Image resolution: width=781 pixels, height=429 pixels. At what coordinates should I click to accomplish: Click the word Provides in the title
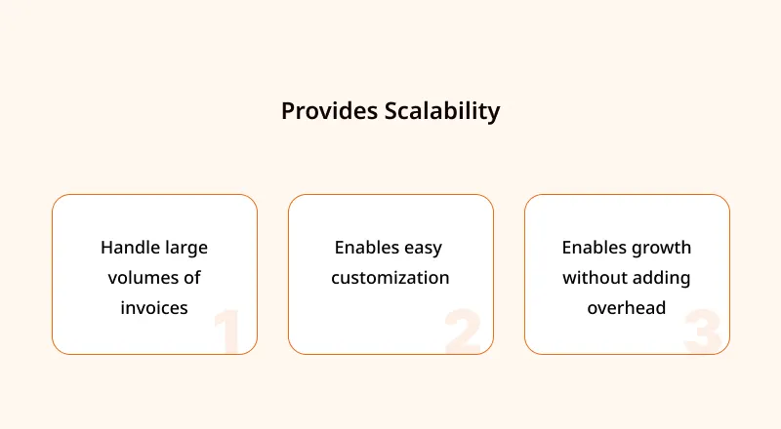329,111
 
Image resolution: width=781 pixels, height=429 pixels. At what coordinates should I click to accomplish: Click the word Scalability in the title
442,111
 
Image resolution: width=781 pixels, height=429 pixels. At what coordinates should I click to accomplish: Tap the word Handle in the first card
131,248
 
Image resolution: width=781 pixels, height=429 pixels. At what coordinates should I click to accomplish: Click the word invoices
154,308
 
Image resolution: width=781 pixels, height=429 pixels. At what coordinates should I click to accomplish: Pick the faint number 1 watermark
227,331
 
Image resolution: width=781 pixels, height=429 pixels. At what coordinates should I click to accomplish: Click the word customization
390,278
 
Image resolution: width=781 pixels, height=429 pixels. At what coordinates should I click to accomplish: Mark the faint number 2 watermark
463,331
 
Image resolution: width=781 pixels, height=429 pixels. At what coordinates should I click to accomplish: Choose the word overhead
627,308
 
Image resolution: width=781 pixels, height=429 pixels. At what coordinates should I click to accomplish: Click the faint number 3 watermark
702,331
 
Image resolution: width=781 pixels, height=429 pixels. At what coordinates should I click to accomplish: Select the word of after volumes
191,278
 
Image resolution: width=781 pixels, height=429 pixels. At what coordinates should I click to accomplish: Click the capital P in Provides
288,111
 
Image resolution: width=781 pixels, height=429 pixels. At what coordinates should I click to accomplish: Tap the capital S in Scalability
392,111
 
